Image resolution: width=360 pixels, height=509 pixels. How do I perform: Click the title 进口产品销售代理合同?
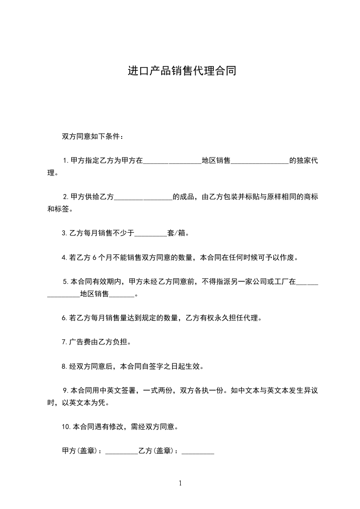(182, 72)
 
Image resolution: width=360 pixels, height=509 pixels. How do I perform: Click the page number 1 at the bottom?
(180, 483)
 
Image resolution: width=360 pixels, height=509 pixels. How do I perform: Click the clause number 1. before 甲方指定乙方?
(66, 161)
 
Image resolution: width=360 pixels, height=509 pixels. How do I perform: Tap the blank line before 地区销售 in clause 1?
(172, 162)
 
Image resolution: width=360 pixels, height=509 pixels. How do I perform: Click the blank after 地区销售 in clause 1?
(260, 162)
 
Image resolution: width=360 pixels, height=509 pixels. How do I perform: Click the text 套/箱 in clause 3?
(177, 234)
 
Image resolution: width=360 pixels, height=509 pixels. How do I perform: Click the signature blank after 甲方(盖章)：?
(121, 452)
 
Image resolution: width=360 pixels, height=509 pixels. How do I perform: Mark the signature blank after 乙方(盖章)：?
(197, 452)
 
